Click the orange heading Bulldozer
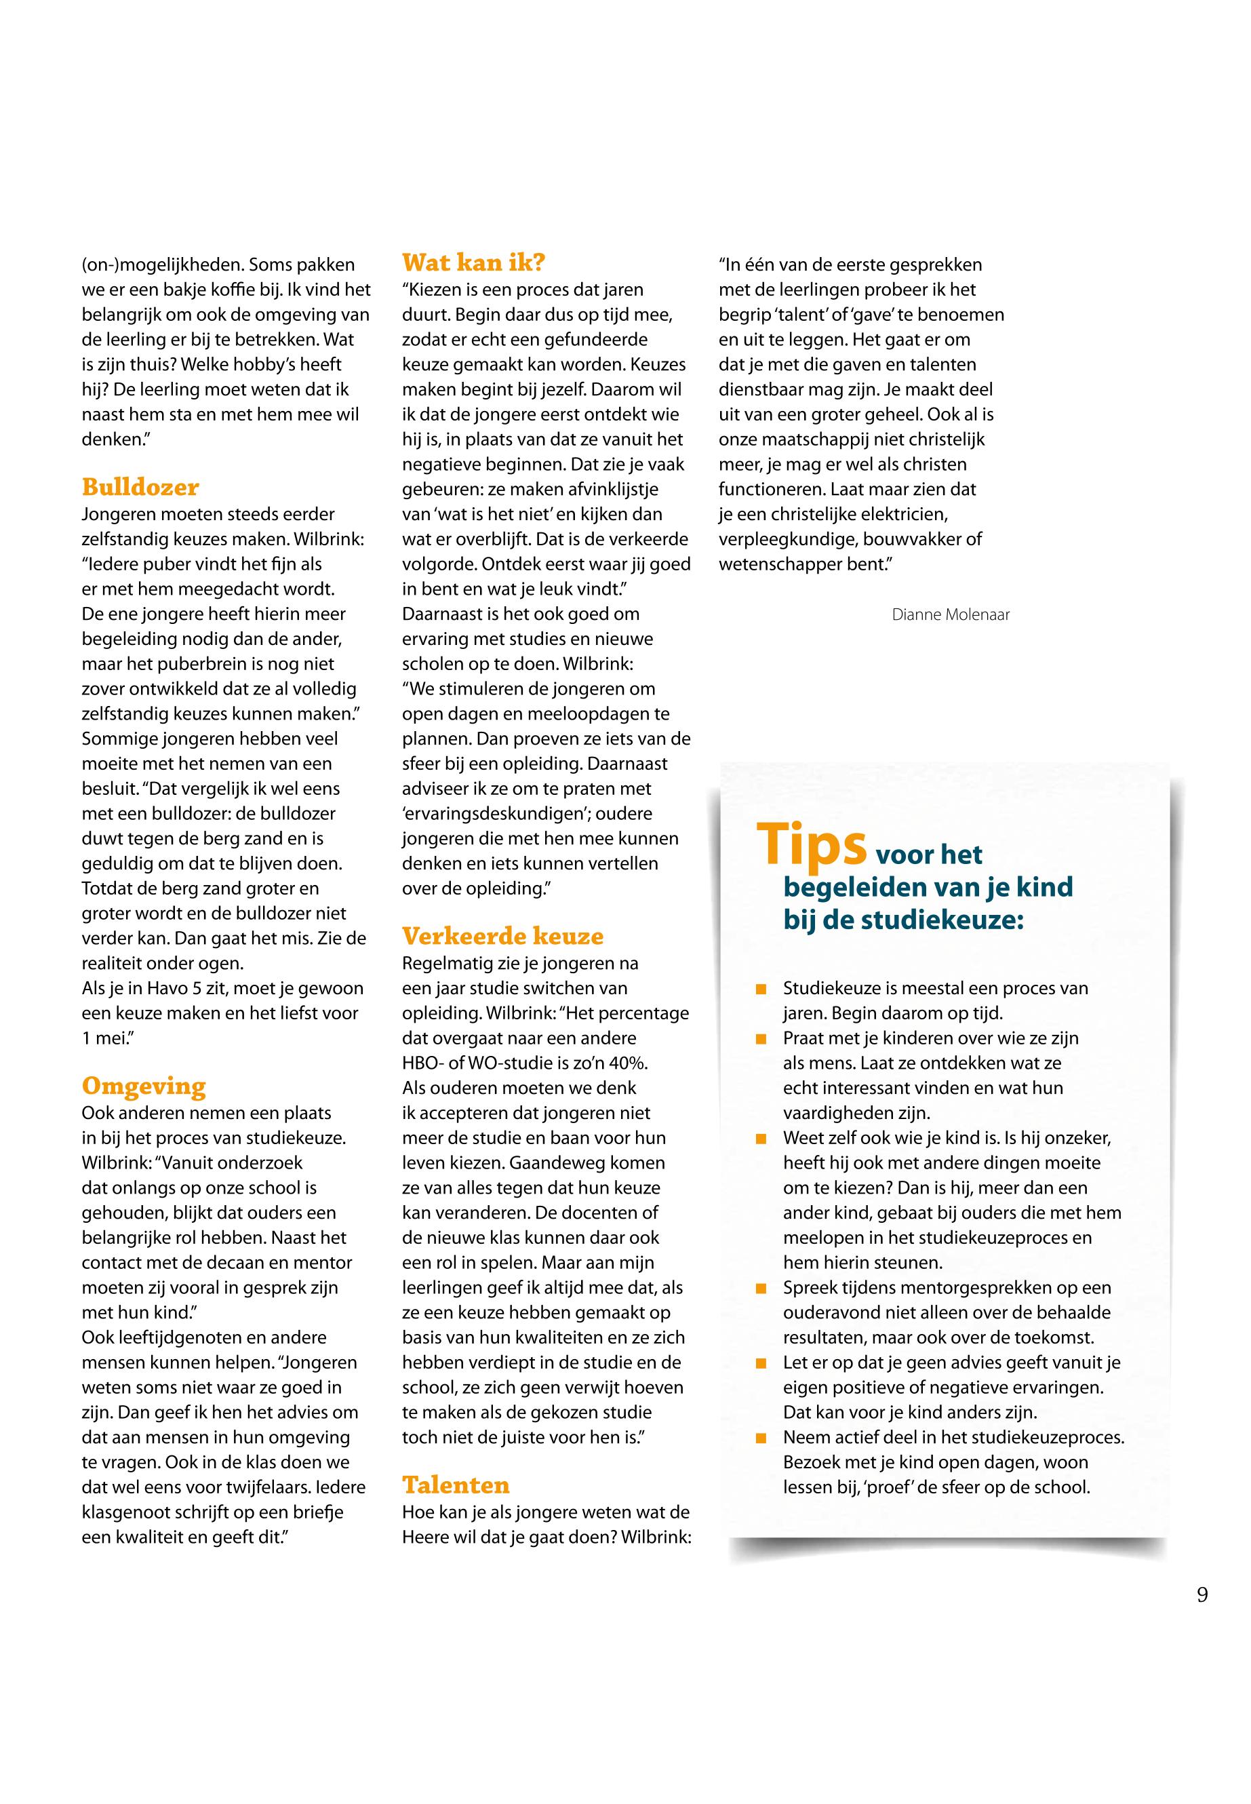coord(140,487)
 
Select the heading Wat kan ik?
coord(473,262)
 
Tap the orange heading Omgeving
coord(144,1086)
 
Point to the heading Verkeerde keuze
coord(502,936)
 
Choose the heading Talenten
coord(456,1485)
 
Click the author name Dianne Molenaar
coord(950,614)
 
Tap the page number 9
coord(1202,1594)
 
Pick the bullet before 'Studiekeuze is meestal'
coord(759,989)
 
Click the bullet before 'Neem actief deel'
coord(759,1438)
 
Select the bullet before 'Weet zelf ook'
coord(759,1139)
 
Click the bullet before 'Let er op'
coord(759,1363)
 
